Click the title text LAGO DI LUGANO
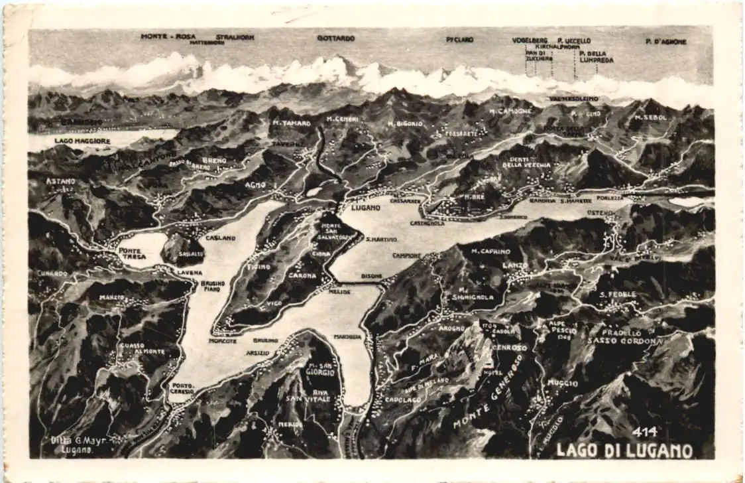coord(624,450)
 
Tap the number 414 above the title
coord(644,432)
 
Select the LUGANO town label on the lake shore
coord(365,208)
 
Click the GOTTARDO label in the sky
coord(335,38)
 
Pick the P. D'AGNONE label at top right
coord(666,41)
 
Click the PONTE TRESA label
coord(133,253)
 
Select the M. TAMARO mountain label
coord(291,123)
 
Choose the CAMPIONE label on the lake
coord(406,255)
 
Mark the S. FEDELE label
coord(618,294)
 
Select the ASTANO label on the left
coord(60,181)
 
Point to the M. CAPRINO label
coord(491,251)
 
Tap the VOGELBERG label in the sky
coord(530,40)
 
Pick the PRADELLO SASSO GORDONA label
coord(623,337)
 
